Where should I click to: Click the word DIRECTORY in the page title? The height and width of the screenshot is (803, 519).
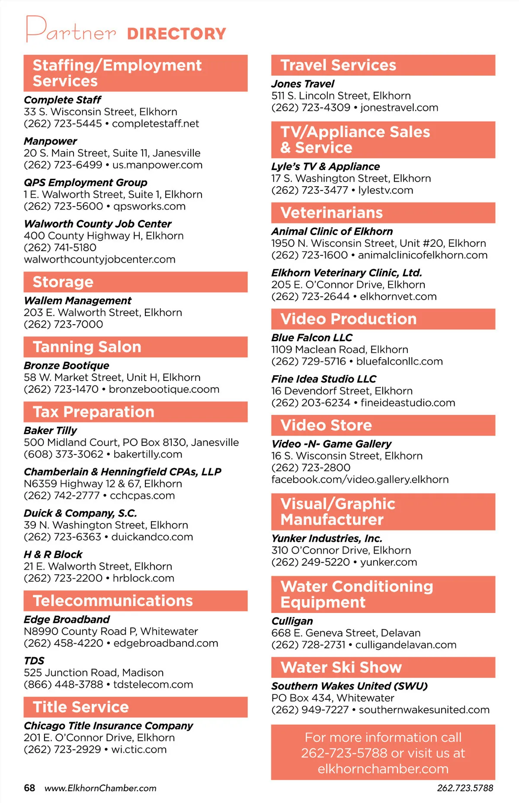(176, 34)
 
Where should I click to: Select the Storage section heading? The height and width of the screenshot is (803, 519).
(63, 282)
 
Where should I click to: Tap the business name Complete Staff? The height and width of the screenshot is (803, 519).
(62, 100)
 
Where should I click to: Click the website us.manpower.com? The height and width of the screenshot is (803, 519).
(157, 165)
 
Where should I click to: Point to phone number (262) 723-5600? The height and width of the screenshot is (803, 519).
(64, 206)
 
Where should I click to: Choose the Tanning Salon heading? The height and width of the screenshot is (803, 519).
(87, 347)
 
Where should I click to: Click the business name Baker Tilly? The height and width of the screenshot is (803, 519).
(50, 431)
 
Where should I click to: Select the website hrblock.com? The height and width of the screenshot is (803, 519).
(144, 578)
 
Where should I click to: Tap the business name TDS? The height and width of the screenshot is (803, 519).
(34, 661)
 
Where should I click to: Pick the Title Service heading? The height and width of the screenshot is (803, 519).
(81, 707)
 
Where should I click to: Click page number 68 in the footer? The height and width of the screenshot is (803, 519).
(29, 788)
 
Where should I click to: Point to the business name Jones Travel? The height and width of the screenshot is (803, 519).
(303, 84)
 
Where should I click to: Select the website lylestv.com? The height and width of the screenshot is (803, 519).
(386, 190)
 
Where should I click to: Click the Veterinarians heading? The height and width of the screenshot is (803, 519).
(332, 213)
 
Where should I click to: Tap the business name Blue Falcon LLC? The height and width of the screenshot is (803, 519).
(312, 338)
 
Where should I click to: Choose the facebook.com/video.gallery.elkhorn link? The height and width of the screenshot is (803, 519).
(360, 480)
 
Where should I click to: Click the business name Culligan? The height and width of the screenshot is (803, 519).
(292, 621)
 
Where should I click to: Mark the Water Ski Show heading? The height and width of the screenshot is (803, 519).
(341, 667)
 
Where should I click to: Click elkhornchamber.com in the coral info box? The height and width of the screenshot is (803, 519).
(383, 769)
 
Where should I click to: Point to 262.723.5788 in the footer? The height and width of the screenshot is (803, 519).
(465, 788)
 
